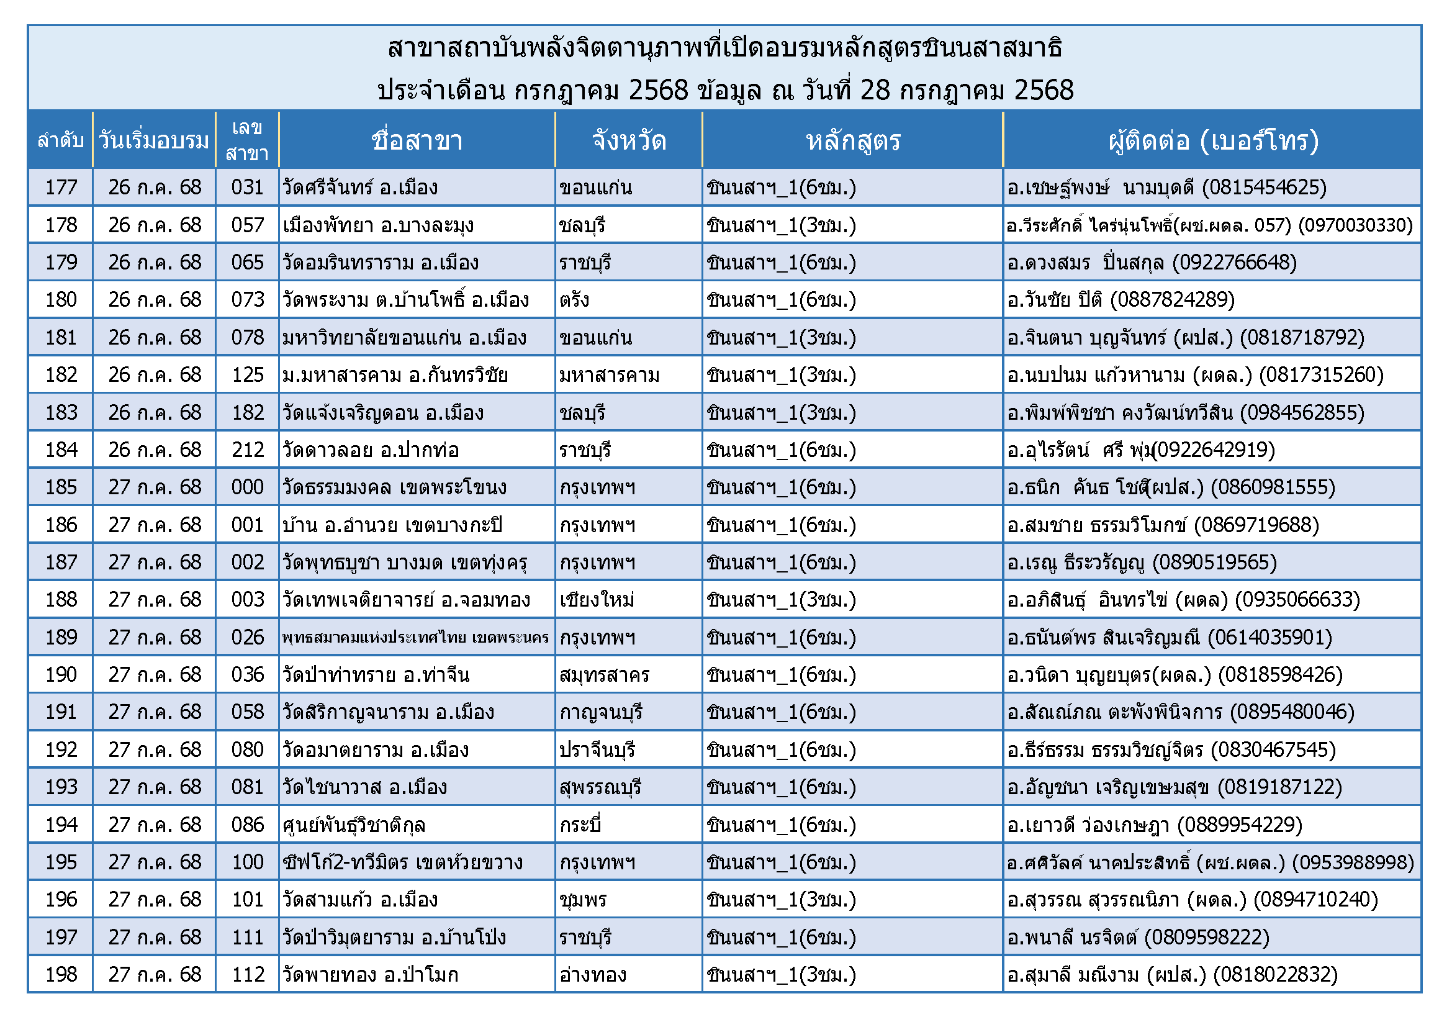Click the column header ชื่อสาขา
[417, 140]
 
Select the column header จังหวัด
[629, 140]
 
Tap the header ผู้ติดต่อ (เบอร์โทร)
[1213, 140]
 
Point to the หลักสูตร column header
[852, 140]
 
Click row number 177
[61, 187]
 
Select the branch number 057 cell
[247, 225]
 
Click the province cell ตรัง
[574, 300]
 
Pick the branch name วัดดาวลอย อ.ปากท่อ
[371, 450]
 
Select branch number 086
[247, 825]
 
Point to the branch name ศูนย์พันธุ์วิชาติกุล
[354, 825]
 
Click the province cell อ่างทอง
[593, 974]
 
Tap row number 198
[61, 974]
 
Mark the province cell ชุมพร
[582, 899]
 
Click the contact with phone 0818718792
[1185, 338]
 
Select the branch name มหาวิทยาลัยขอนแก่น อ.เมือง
[405, 338]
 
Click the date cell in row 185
[155, 487]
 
